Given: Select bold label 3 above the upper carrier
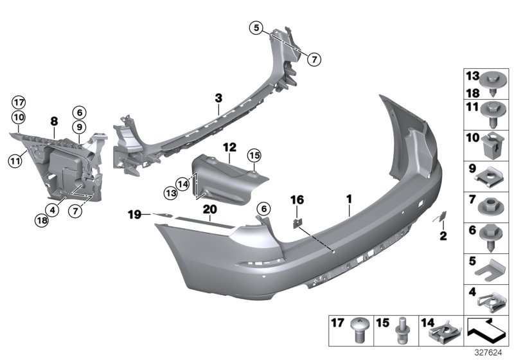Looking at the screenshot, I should tap(218, 98).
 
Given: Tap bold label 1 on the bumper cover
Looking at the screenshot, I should tap(349, 200).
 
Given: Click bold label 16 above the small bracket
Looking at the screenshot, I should tap(296, 200).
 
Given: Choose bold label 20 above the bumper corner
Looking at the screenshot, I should tap(209, 208).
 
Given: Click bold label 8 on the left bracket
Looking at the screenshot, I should tap(55, 120).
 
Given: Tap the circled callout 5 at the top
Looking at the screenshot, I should tap(257, 28).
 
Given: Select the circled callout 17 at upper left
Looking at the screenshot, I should tap(17, 102).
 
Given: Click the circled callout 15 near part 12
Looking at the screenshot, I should tap(254, 156).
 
